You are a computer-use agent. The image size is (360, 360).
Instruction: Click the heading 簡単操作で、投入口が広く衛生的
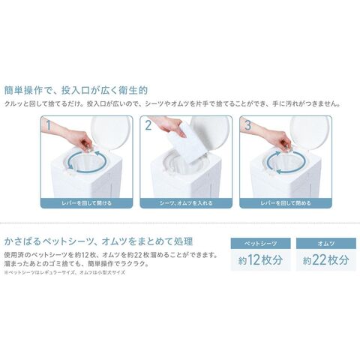(76, 90)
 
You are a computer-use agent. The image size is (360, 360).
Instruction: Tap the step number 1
(49, 125)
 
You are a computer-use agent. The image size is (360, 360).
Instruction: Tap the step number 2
(148, 125)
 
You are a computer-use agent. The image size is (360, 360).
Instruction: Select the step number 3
(247, 125)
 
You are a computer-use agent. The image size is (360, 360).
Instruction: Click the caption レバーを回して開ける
(86, 203)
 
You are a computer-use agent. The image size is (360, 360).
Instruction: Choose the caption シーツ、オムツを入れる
(186, 203)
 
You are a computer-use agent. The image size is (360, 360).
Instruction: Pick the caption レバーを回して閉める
(286, 203)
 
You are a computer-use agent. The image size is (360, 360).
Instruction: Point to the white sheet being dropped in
(189, 142)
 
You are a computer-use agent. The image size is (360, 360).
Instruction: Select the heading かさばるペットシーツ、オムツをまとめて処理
(99, 241)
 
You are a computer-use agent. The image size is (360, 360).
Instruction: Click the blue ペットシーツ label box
(260, 243)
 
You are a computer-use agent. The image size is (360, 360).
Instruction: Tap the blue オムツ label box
(326, 243)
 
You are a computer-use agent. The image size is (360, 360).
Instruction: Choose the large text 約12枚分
(260, 260)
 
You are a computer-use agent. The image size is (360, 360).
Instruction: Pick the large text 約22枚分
(326, 260)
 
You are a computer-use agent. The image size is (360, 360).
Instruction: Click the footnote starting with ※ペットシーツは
(64, 272)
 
